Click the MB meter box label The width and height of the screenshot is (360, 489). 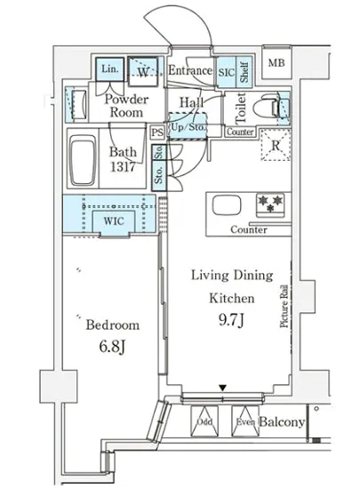click(x=276, y=63)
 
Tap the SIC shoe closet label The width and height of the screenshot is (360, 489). click(x=227, y=73)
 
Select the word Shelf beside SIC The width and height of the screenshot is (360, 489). click(x=244, y=72)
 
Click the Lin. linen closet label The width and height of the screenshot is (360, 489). click(x=109, y=68)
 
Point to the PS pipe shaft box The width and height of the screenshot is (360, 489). click(x=157, y=132)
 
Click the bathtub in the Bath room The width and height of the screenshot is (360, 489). click(x=83, y=159)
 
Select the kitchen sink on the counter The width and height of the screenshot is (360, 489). click(x=227, y=206)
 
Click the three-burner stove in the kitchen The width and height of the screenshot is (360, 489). click(x=270, y=205)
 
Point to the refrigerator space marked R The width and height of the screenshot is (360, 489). click(x=276, y=145)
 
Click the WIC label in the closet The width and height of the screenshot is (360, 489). click(x=114, y=221)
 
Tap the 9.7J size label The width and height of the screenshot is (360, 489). click(x=231, y=320)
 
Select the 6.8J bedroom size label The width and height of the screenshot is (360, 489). click(x=112, y=347)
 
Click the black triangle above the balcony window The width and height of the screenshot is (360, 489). click(x=222, y=388)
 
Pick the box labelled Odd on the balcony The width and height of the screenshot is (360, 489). click(x=204, y=421)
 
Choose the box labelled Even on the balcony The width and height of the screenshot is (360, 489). click(x=245, y=421)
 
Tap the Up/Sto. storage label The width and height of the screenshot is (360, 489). click(x=188, y=127)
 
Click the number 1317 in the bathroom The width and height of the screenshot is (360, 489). click(x=123, y=167)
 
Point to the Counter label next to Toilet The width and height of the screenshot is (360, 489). click(x=240, y=132)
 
